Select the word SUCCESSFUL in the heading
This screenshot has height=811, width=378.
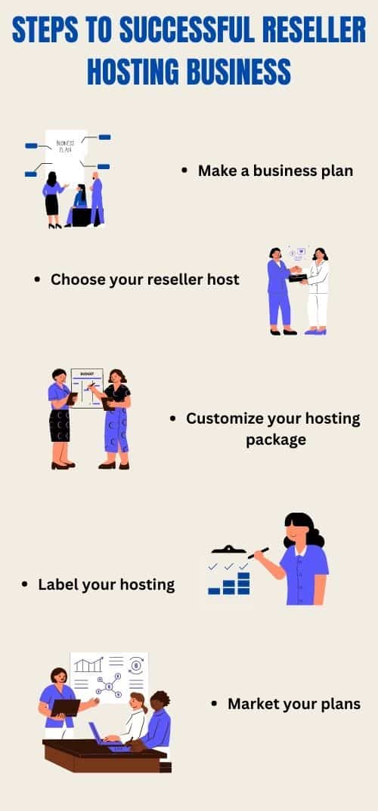(x=187, y=30)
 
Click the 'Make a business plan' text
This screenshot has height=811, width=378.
(x=275, y=171)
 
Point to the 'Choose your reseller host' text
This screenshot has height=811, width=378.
(x=145, y=279)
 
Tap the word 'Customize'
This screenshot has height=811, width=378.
(x=224, y=418)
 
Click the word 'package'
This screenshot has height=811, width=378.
(x=275, y=440)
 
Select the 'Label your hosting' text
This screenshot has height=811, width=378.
(x=106, y=585)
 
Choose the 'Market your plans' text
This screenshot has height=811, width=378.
(x=294, y=704)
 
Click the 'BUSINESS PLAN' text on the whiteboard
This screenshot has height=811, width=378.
(x=65, y=146)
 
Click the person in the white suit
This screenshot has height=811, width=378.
(x=317, y=291)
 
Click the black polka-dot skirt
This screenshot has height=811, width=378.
(x=60, y=426)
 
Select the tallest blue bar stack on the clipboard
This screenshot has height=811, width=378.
(x=243, y=583)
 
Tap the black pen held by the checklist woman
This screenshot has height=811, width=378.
(x=259, y=553)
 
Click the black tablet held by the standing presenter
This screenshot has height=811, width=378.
(x=65, y=708)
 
